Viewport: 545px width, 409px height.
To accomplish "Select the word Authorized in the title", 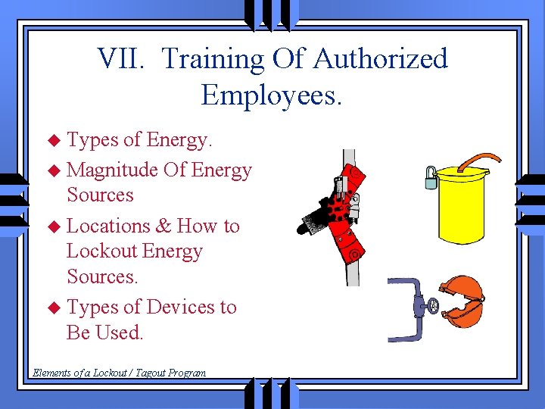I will [380, 59].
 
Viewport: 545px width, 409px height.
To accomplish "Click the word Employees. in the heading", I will [272, 95].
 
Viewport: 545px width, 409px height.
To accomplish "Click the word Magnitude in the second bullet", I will [113, 170].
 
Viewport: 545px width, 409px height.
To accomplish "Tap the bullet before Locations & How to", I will [53, 226].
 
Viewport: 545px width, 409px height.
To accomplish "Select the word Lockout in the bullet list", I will [98, 251].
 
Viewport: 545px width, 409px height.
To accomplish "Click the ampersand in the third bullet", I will [163, 226].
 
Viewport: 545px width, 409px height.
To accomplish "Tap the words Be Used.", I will [104, 333].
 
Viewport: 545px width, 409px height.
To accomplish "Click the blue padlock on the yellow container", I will [431, 179].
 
